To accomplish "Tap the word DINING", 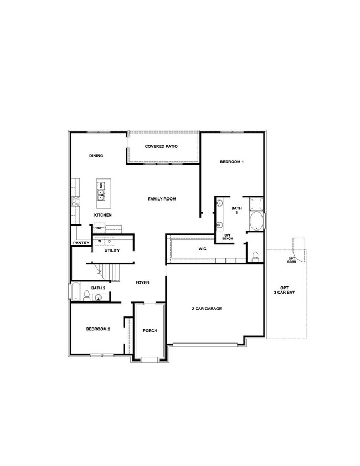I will [96, 156].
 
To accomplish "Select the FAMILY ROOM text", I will [162, 199].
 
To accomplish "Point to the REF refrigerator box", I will [100, 228].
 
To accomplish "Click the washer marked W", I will [100, 242].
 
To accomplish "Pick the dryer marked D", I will [109, 242].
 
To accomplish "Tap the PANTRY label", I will [81, 243].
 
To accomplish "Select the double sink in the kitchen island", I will [101, 194].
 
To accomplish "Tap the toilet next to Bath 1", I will [255, 257].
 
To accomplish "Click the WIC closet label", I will [202, 249].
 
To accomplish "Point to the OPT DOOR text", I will [291, 260].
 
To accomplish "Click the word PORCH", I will [150, 331].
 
